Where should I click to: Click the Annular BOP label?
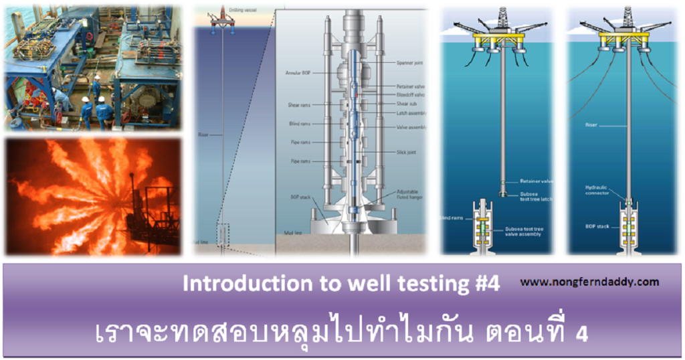tap(294, 72)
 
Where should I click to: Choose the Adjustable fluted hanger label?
tap(410, 194)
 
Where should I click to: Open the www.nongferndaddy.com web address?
tap(589, 282)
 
